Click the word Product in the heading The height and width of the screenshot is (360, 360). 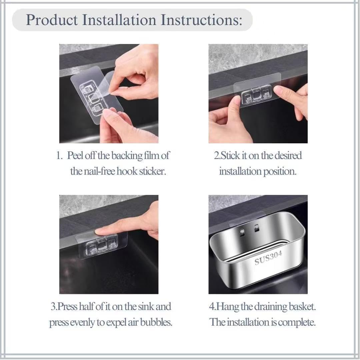[x=52, y=20]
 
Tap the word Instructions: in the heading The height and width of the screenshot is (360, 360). [x=201, y=20]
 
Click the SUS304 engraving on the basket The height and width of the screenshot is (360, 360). [x=268, y=258]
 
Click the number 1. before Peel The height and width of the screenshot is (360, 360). [x=59, y=156]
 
